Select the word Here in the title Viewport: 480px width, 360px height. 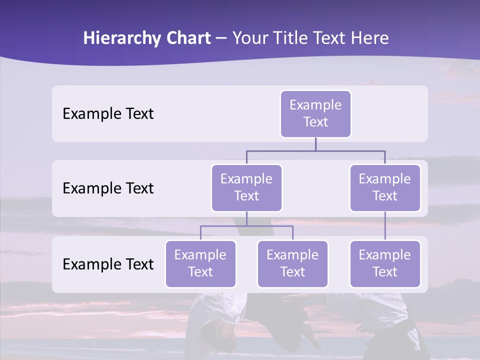369,38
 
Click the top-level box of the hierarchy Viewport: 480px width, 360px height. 315,113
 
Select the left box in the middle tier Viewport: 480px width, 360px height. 246,187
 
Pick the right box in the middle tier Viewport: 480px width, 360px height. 385,187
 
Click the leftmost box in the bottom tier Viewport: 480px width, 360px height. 200,263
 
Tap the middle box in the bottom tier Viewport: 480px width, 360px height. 292,263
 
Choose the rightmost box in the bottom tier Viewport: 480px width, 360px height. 385,263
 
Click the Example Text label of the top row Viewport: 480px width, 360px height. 108,114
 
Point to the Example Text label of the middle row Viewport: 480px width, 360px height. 108,188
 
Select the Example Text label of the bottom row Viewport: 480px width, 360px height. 108,264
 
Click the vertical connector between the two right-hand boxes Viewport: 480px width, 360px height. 385,226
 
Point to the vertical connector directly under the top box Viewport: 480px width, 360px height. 315,144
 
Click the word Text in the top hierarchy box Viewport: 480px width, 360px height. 315,122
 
